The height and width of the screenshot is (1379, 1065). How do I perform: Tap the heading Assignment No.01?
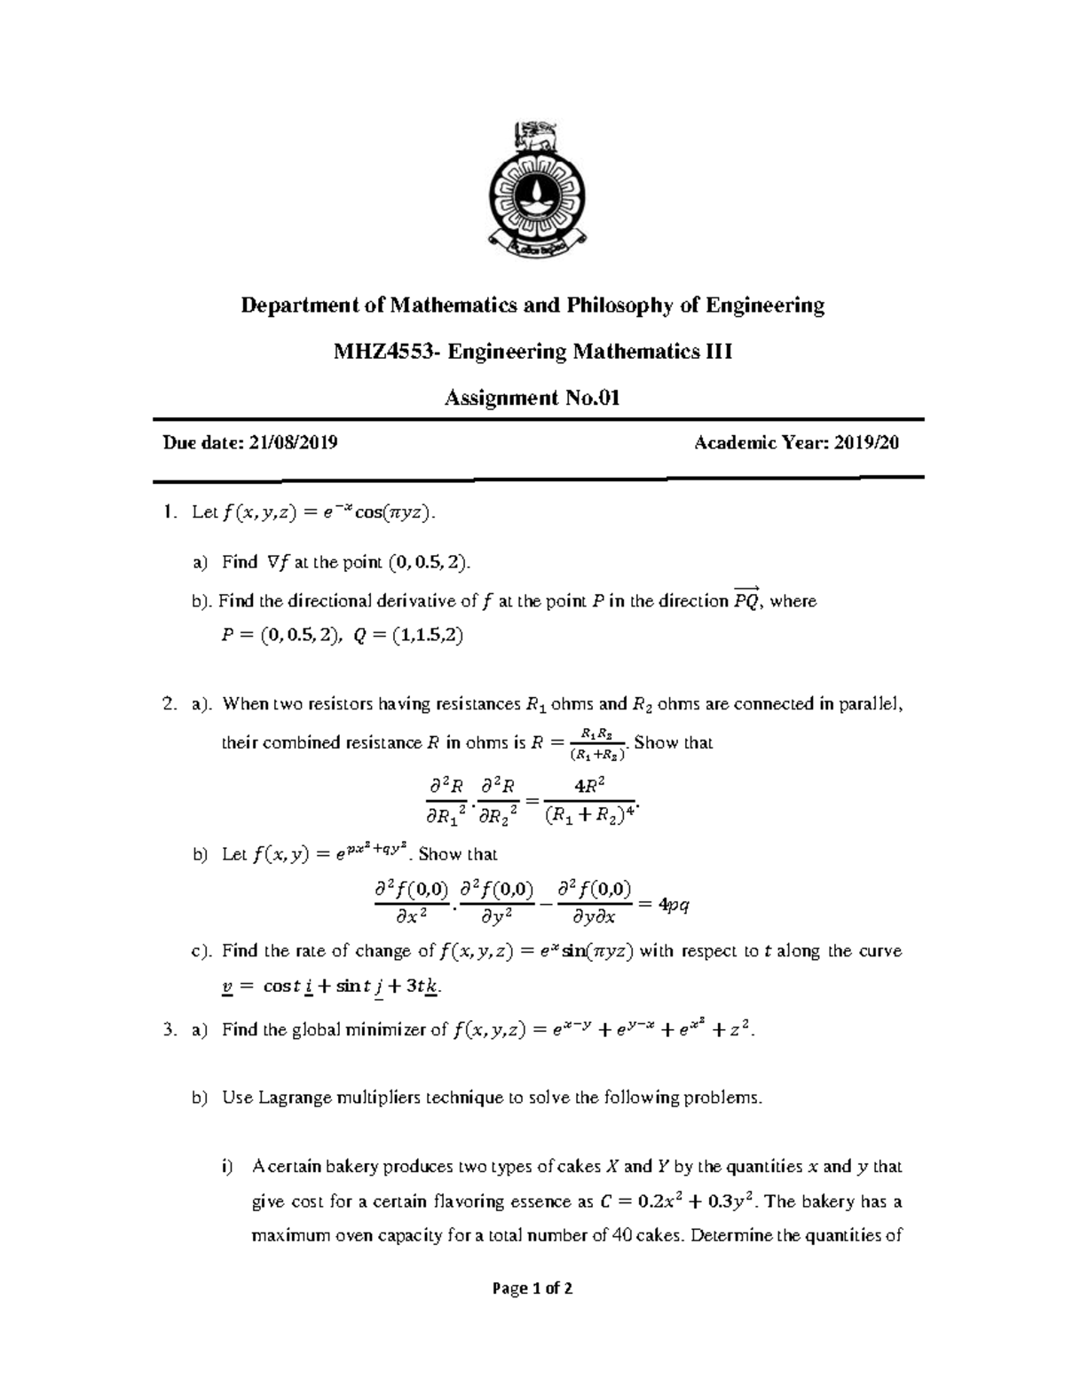[531, 398]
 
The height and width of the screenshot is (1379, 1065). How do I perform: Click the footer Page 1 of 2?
[532, 1288]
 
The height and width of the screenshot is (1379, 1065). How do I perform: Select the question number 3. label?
[170, 1030]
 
